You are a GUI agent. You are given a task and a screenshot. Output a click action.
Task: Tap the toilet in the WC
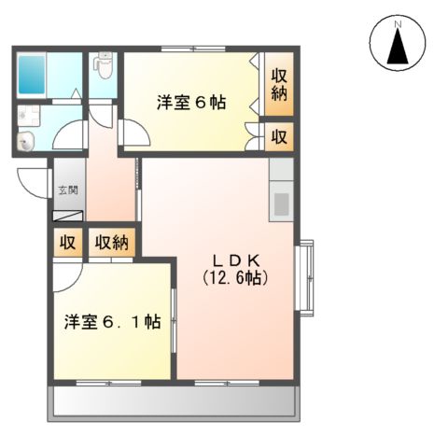[104, 67]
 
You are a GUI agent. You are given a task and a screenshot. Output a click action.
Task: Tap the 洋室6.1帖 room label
[112, 322]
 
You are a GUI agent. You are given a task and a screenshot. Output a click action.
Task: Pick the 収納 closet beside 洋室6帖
[279, 85]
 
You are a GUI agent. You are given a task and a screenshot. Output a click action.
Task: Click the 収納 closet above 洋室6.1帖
[113, 244]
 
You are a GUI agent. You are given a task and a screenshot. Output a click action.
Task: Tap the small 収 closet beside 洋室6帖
[279, 136]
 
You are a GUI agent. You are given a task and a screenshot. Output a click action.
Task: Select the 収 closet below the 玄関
[67, 244]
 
